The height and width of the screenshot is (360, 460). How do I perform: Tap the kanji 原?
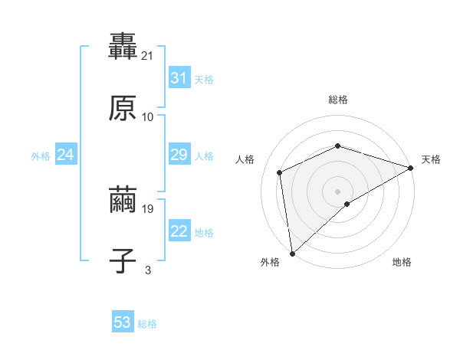click(x=123, y=108)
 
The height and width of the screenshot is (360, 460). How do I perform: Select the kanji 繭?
click(x=123, y=200)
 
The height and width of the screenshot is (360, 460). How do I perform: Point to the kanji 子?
click(x=123, y=261)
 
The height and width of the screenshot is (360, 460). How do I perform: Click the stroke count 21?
click(x=149, y=55)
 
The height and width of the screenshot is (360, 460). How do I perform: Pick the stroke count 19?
click(x=149, y=208)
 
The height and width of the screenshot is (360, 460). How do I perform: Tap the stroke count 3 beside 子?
click(x=148, y=270)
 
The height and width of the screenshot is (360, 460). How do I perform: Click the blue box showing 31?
click(x=179, y=78)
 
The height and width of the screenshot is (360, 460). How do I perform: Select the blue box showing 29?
click(x=179, y=155)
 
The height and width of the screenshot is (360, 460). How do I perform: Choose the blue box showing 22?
click(x=179, y=231)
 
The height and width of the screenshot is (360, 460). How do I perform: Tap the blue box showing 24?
click(x=65, y=155)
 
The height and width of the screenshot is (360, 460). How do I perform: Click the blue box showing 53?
click(x=122, y=322)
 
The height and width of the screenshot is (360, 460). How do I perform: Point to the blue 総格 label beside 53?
click(x=147, y=324)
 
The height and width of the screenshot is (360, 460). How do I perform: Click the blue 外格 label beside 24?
click(x=41, y=156)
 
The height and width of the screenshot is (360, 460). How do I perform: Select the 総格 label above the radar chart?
click(x=337, y=100)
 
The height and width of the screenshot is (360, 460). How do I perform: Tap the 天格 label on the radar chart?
click(x=431, y=159)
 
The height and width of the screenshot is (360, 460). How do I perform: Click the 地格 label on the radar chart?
click(x=402, y=262)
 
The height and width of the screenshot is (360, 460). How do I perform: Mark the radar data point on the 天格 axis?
click(x=410, y=168)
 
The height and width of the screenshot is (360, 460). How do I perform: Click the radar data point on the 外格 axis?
click(x=292, y=253)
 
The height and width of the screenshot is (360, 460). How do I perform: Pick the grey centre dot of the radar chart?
click(x=337, y=191)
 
